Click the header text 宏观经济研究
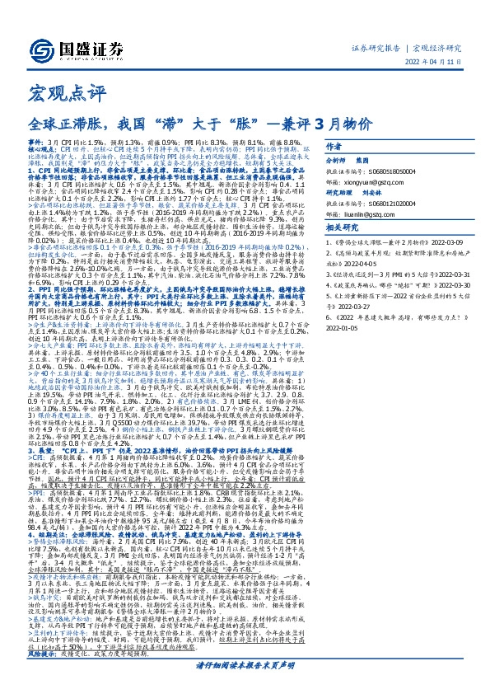pos(439,48)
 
